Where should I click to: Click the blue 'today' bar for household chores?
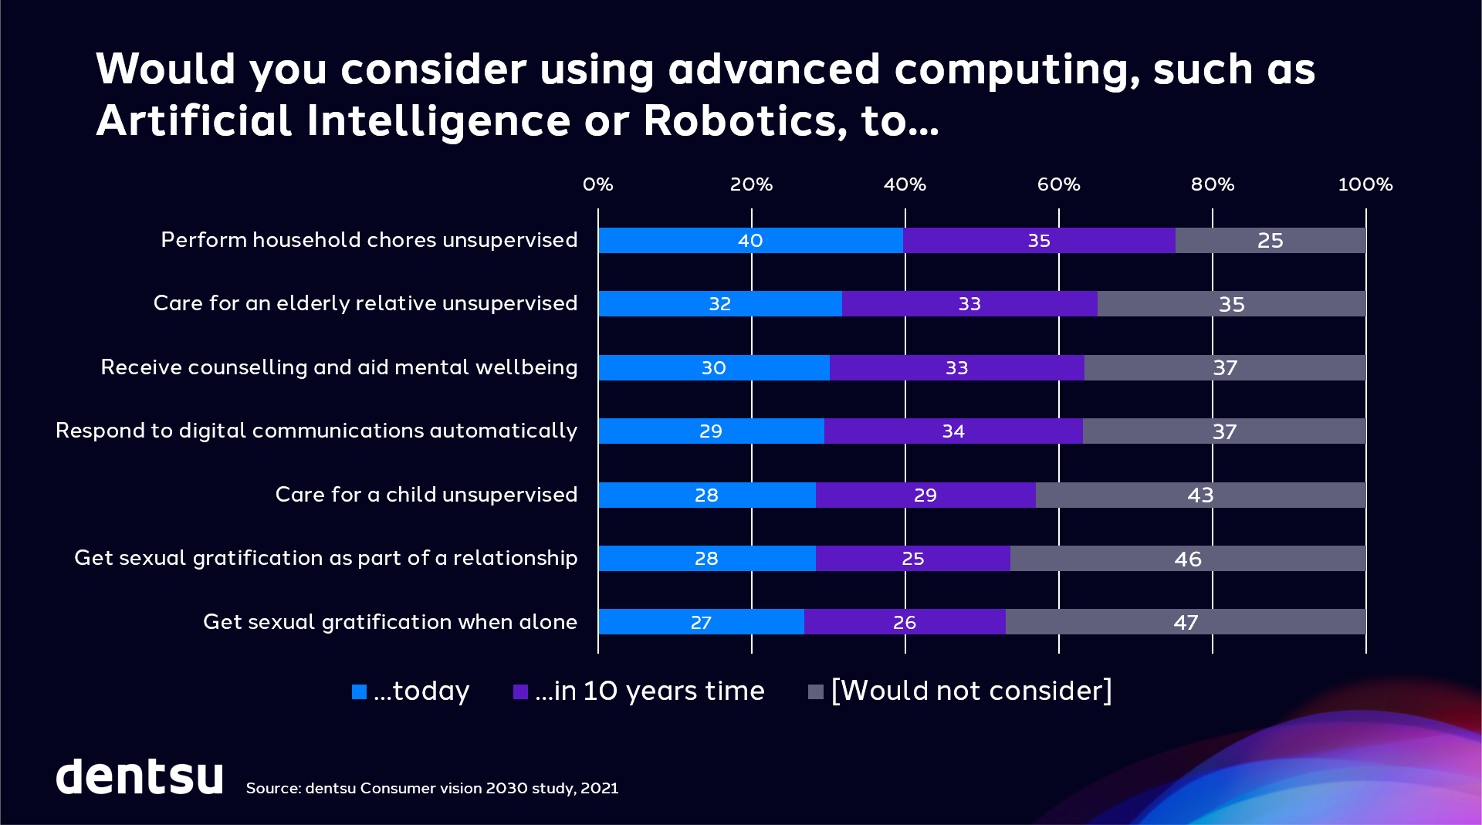point(750,240)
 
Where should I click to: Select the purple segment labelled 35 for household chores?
point(1039,240)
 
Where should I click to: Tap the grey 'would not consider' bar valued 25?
point(1271,240)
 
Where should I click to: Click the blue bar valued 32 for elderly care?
point(719,303)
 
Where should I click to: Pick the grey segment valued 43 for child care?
point(1200,495)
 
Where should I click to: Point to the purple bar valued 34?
point(953,431)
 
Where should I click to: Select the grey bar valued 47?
point(1186,622)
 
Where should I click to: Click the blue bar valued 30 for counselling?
point(713,367)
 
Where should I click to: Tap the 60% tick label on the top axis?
point(1058,184)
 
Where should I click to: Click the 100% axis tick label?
point(1365,184)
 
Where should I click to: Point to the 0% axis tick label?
point(597,184)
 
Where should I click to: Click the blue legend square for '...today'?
point(359,691)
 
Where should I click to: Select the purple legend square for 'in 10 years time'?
point(520,691)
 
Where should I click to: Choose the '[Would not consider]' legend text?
point(971,691)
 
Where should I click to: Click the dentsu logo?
point(140,776)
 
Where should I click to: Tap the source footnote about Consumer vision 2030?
point(432,788)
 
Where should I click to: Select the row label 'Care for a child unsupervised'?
point(426,495)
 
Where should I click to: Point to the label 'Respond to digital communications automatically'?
point(316,431)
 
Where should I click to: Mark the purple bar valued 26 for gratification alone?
point(905,622)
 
